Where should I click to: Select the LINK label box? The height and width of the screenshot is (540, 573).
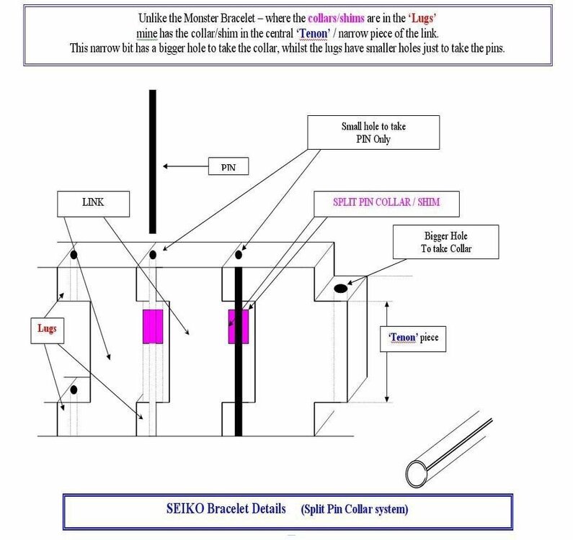93,204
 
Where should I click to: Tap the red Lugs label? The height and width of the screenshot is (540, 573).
46,328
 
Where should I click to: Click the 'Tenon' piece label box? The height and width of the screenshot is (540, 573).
413,337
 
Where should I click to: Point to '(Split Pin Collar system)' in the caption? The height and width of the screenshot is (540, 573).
355,509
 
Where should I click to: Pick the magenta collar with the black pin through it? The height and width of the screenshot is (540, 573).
239,326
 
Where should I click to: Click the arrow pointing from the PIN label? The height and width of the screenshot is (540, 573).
184,166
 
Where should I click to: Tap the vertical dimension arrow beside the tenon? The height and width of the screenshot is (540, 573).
387,352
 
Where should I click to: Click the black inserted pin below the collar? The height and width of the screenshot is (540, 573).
238,389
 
